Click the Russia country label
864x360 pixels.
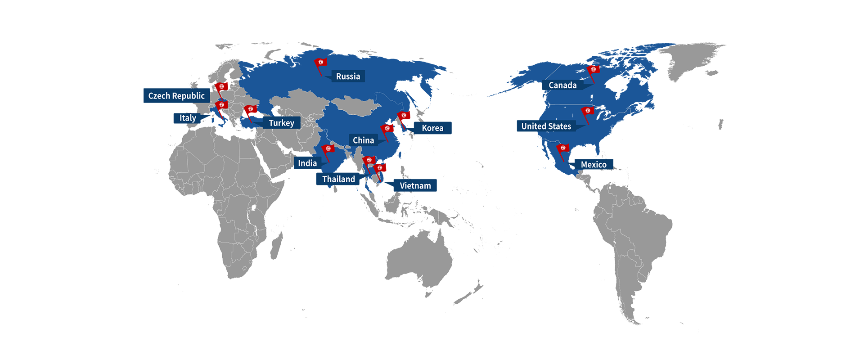tap(348, 76)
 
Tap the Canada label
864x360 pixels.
tap(562, 85)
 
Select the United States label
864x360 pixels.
tap(546, 126)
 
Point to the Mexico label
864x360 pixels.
tap(594, 165)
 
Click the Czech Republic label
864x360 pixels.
tap(176, 96)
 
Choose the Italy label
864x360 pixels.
tap(188, 118)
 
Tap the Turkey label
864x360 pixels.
tap(281, 123)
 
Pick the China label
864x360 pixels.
tap(363, 140)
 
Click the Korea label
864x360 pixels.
tap(432, 128)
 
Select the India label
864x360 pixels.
tap(307, 163)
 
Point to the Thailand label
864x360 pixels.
tap(338, 179)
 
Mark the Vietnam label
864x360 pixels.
tap(415, 186)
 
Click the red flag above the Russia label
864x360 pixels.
tap(321, 63)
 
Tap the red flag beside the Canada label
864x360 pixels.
tap(594, 70)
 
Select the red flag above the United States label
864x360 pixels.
tap(587, 111)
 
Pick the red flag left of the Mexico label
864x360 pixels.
tap(562, 148)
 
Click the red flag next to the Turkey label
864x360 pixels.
tap(251, 109)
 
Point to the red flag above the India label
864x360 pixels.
tap(328, 149)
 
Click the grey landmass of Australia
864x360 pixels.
tap(418, 261)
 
